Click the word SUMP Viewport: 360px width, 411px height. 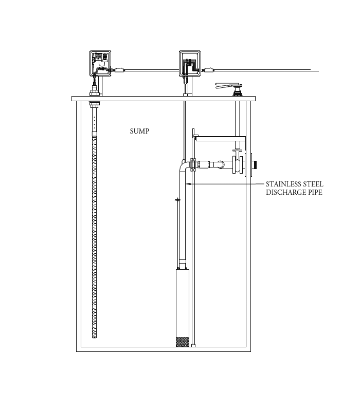(x=139, y=132)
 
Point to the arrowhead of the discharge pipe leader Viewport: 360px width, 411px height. (x=188, y=183)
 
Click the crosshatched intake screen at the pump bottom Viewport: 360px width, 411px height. (x=183, y=342)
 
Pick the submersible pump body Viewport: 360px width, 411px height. (x=183, y=303)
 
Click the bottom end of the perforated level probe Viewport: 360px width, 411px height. (x=94, y=335)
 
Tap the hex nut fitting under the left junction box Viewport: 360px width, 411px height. (x=94, y=93)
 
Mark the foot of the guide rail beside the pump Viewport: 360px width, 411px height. (x=193, y=345)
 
